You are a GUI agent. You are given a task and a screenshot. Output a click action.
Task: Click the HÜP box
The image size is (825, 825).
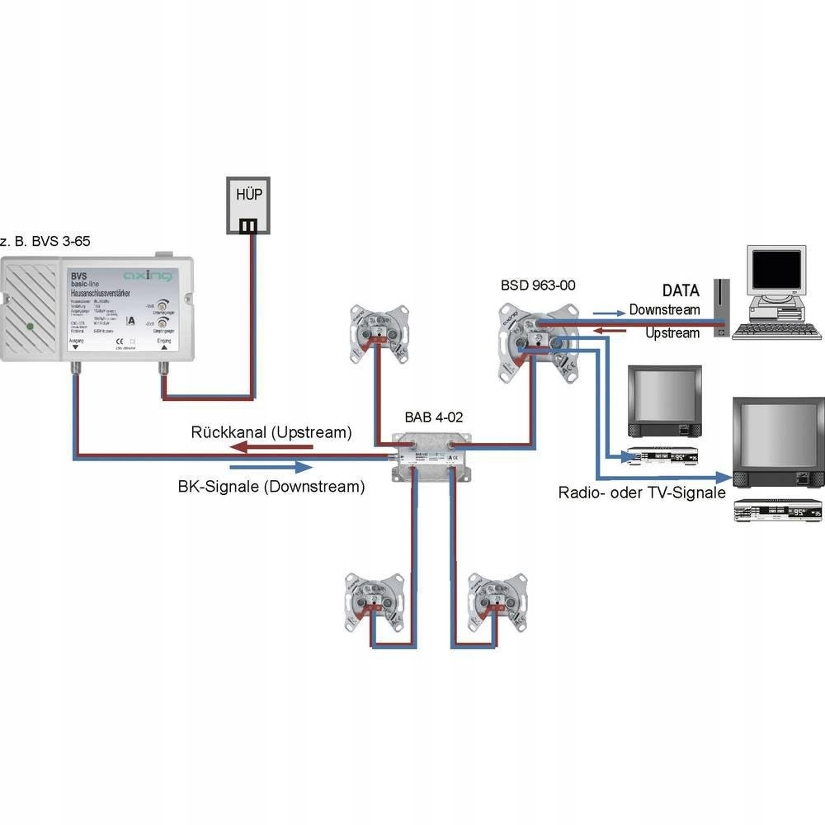[249, 204]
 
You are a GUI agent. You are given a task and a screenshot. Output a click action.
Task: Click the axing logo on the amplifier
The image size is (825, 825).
[147, 275]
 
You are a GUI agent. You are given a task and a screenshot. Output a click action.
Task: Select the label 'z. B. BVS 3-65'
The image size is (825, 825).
[45, 241]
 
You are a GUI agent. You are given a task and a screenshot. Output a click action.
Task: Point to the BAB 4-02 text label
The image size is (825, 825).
[433, 417]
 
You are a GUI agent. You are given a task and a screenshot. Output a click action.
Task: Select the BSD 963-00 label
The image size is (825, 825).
[538, 285]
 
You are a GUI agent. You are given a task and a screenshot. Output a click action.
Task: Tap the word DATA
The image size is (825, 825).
[681, 290]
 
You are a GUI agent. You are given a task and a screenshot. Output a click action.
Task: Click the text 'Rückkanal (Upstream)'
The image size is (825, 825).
[271, 432]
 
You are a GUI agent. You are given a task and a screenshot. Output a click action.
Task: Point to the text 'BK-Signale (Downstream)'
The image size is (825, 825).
[271, 487]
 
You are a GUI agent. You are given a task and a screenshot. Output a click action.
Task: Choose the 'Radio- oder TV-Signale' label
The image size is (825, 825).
[642, 493]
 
